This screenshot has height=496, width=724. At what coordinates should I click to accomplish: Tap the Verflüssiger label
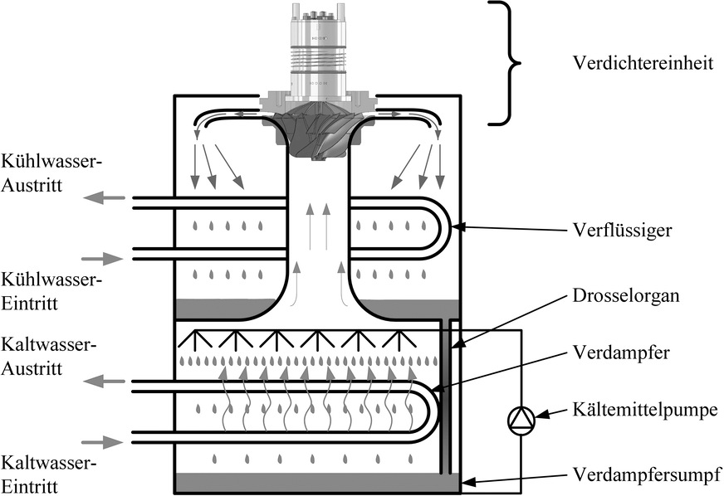(x=622, y=229)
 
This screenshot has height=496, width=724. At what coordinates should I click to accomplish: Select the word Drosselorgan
(x=626, y=295)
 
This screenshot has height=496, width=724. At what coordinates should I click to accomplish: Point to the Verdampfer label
(x=621, y=353)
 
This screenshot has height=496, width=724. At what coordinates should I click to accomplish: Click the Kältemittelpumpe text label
(x=645, y=409)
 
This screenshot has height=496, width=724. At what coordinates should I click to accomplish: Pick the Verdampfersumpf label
(x=648, y=474)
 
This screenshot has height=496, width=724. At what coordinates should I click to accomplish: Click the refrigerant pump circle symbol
(x=521, y=421)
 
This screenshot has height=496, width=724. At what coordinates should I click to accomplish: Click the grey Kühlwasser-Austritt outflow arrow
(x=105, y=198)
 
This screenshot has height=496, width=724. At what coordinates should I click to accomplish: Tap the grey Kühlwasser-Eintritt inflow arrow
(x=102, y=259)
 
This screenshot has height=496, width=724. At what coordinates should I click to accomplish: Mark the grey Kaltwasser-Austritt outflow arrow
(x=105, y=381)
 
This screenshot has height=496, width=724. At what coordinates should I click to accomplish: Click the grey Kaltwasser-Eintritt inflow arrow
(x=102, y=442)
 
